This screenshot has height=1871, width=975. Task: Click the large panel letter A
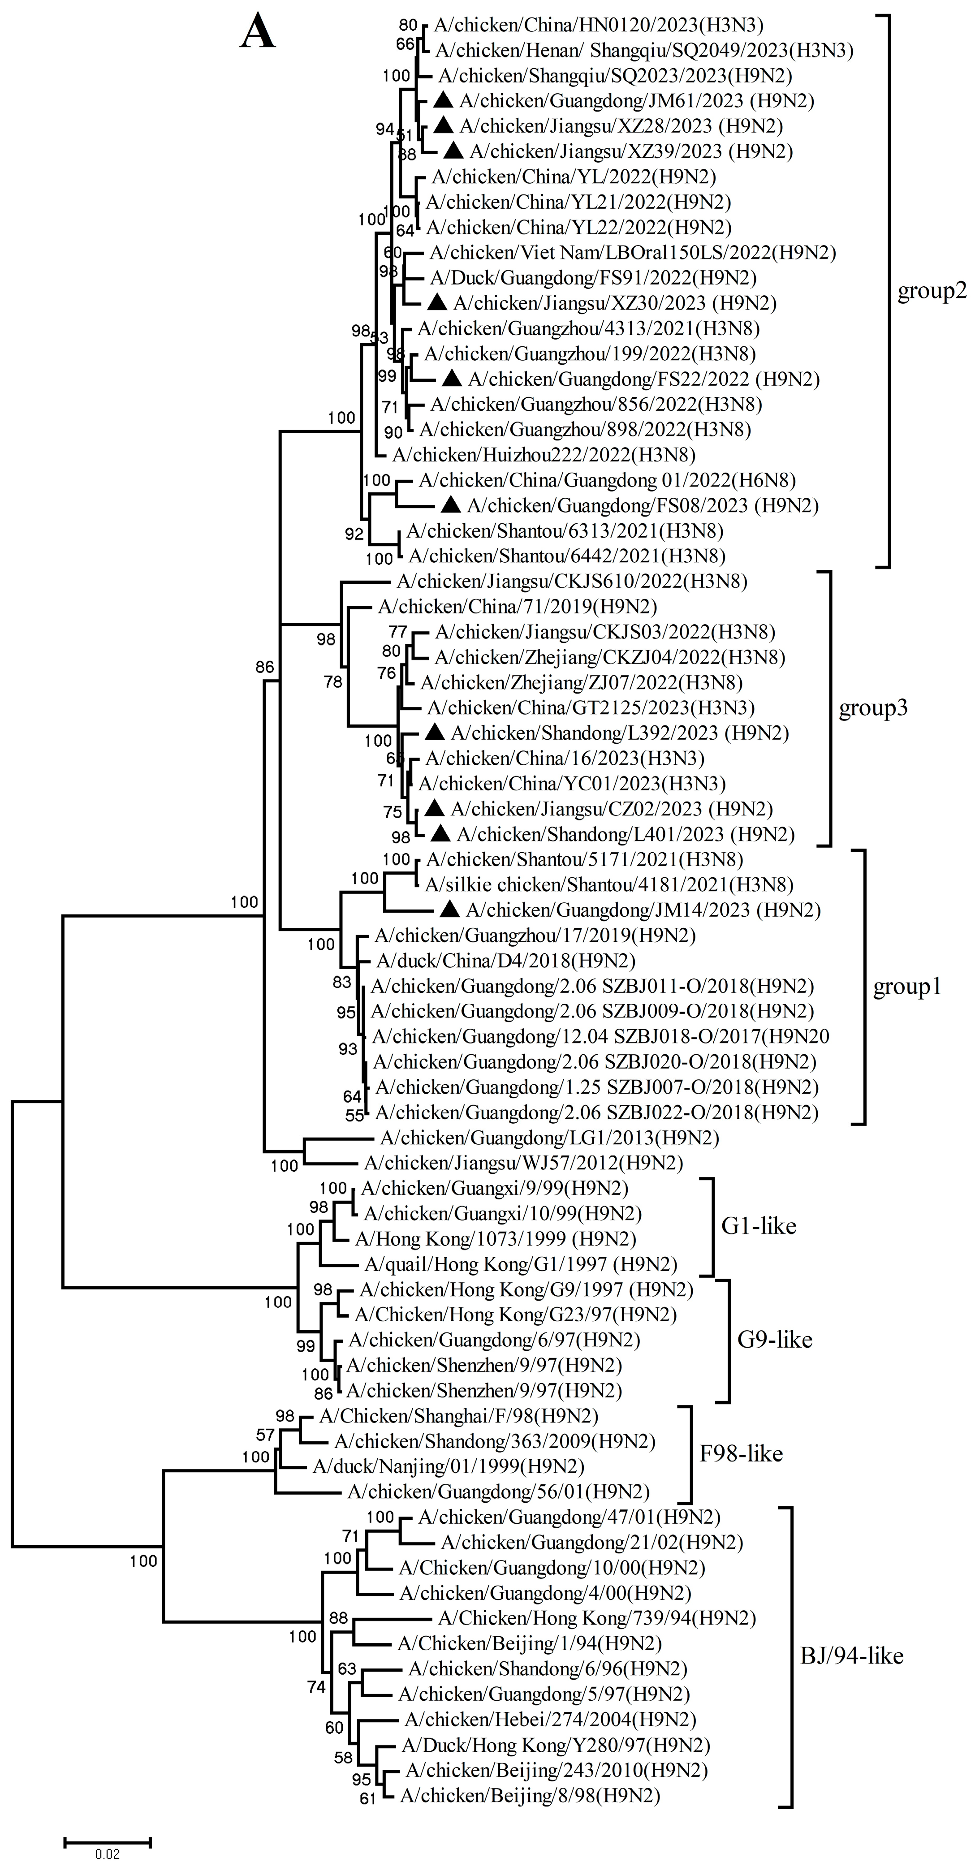pos(258,33)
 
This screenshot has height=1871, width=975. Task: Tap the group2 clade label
pos(932,291)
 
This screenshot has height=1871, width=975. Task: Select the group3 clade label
pos(873,708)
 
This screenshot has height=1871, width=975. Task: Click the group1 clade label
pos(907,986)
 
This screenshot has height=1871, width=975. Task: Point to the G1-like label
pos(759,1226)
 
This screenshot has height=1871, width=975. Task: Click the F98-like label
pos(741,1453)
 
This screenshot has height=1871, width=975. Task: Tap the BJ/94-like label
pos(851,1656)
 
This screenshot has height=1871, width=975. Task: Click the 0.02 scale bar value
pos(108,1854)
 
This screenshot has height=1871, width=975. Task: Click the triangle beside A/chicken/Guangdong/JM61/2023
pos(444,100)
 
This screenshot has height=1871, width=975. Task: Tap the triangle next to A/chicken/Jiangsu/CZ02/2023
pos(435,808)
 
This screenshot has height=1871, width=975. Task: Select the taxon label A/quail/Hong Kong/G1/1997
pos(520,1264)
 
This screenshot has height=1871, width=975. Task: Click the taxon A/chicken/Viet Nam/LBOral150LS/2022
pos(632,253)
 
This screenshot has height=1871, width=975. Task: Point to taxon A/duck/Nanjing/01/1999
pos(448,1466)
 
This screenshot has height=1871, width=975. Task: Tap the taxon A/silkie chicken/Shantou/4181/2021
pos(609,885)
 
